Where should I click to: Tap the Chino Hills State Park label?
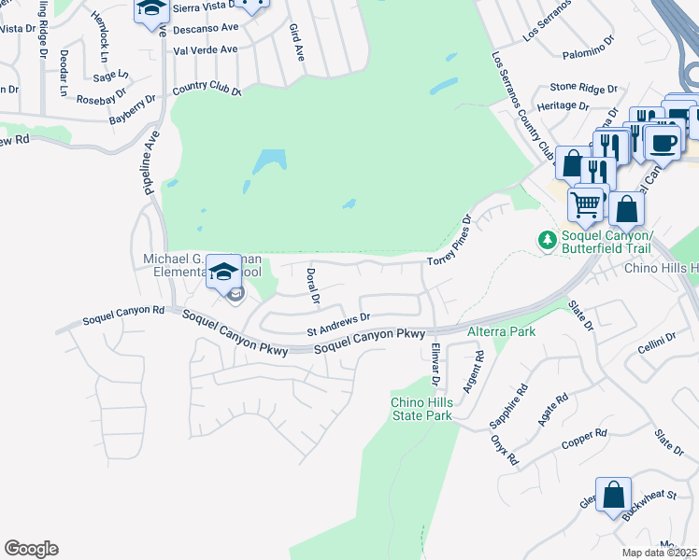[x=421, y=409]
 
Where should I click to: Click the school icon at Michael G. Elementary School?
[x=223, y=272]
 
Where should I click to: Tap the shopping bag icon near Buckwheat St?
[x=613, y=495]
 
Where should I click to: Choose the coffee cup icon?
[x=663, y=142]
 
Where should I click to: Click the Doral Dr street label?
[x=313, y=288]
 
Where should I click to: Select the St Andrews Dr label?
[x=339, y=325]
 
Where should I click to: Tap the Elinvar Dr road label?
[x=435, y=365]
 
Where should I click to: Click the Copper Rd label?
[x=585, y=438]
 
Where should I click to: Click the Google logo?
[x=31, y=549]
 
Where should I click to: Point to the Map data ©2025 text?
[x=659, y=553]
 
